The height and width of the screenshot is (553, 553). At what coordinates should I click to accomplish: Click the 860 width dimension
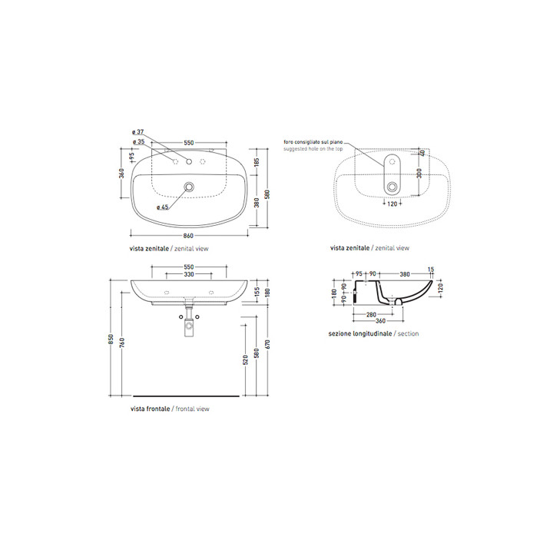189,235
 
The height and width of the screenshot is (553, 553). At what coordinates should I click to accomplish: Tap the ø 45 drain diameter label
162,207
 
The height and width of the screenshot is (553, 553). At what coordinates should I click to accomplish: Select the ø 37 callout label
140,132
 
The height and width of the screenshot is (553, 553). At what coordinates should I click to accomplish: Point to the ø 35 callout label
140,142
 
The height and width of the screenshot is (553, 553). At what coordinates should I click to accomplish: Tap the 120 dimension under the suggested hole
392,204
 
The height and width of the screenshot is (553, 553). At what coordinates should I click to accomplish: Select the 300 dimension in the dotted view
419,174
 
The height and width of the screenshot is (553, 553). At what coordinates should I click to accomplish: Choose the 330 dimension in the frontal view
189,275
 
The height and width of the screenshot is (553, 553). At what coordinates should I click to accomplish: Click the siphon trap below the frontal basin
189,327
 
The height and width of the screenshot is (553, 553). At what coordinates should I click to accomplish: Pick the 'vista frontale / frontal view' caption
170,409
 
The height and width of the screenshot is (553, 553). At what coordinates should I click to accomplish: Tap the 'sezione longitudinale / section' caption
373,334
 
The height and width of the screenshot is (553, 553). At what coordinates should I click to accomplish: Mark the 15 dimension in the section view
432,268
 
